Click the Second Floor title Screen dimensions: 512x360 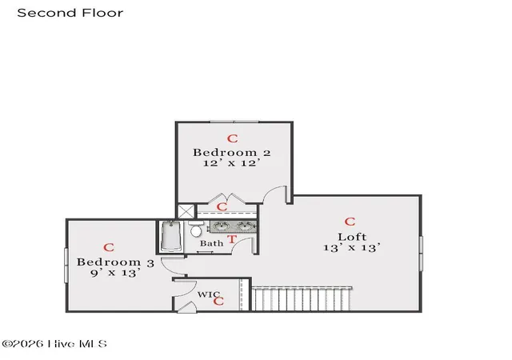70,13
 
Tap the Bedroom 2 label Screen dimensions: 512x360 232,153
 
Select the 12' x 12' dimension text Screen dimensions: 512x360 232,162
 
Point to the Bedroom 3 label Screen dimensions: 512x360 115,262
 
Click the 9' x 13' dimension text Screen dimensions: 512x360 115,273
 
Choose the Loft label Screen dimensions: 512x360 352,237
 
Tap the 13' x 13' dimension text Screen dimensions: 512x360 352,247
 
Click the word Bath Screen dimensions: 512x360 211,243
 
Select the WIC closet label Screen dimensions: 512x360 209,294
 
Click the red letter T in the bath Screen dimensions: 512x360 232,239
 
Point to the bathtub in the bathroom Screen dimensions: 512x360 171,236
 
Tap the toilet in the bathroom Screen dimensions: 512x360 195,229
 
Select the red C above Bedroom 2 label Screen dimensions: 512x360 233,139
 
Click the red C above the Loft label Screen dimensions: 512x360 350,222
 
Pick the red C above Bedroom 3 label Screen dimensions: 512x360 109,247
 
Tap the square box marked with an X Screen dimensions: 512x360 186,211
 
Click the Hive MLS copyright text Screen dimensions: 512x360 54,344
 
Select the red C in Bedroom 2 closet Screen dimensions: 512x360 222,206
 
